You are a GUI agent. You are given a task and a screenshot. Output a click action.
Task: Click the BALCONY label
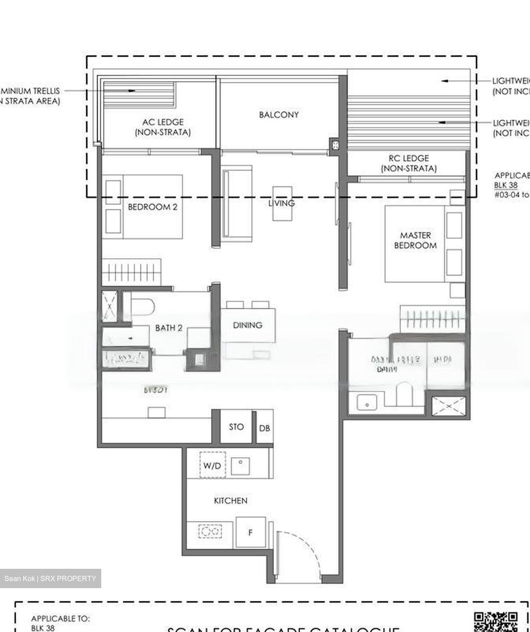279,115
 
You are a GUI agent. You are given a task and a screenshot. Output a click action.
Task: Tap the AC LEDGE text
163,122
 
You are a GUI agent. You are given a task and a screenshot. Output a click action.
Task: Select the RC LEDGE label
409,158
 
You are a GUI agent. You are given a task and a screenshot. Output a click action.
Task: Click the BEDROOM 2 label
153,207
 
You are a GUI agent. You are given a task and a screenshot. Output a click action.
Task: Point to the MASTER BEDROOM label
415,241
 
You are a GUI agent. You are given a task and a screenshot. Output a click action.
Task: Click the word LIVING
281,203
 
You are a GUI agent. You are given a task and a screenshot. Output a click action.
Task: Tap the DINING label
248,325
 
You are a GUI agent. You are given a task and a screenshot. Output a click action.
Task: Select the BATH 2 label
169,328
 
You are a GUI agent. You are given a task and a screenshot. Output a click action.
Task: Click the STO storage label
236,427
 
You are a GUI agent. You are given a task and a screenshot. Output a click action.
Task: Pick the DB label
264,428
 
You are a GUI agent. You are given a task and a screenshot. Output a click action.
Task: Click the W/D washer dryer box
212,465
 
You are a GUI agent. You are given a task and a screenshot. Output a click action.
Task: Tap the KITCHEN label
230,501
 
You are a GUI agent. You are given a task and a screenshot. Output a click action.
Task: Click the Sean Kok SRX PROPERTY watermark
50,578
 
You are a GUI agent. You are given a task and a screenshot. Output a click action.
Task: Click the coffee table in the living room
282,203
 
